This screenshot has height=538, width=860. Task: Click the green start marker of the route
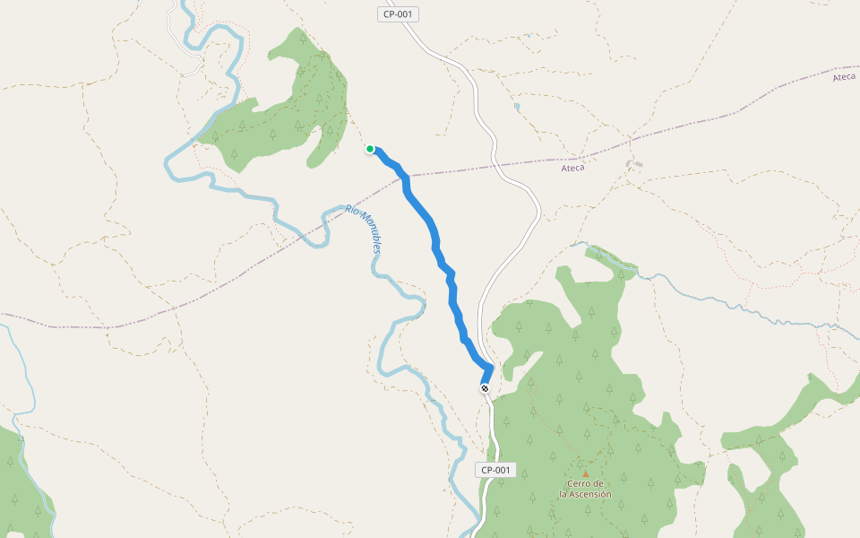click(x=370, y=149)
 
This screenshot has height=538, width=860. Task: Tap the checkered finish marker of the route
click(x=485, y=388)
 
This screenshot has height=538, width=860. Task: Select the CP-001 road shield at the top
click(x=399, y=14)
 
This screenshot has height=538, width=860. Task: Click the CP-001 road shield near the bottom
click(x=495, y=470)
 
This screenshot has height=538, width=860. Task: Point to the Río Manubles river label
click(x=364, y=229)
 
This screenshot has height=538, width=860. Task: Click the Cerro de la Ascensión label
click(x=585, y=490)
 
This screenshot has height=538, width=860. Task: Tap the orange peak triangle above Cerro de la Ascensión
click(x=585, y=473)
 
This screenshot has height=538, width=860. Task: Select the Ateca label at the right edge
click(x=844, y=77)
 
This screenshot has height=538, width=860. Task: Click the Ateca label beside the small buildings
click(x=572, y=168)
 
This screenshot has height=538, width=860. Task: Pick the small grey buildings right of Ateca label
click(x=635, y=165)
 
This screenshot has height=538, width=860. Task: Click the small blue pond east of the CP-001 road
click(x=517, y=107)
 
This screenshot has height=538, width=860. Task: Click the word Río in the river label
click(x=351, y=211)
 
